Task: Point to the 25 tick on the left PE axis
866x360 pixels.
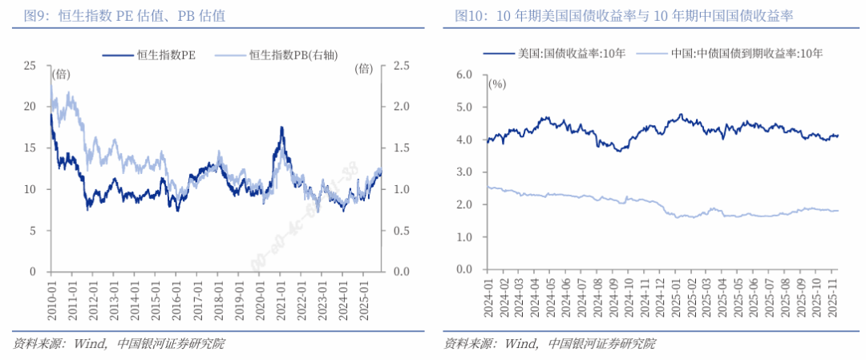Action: pyautogui.click(x=31, y=65)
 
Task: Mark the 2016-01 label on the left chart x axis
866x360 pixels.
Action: pyautogui.click(x=176, y=296)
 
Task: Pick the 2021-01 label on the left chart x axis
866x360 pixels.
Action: pyautogui.click(x=281, y=296)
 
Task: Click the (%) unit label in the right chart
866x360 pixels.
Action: pyautogui.click(x=497, y=83)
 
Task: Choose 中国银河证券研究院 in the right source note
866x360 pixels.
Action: pyautogui.click(x=601, y=344)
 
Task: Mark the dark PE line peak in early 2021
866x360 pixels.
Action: pyautogui.click(x=281, y=127)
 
